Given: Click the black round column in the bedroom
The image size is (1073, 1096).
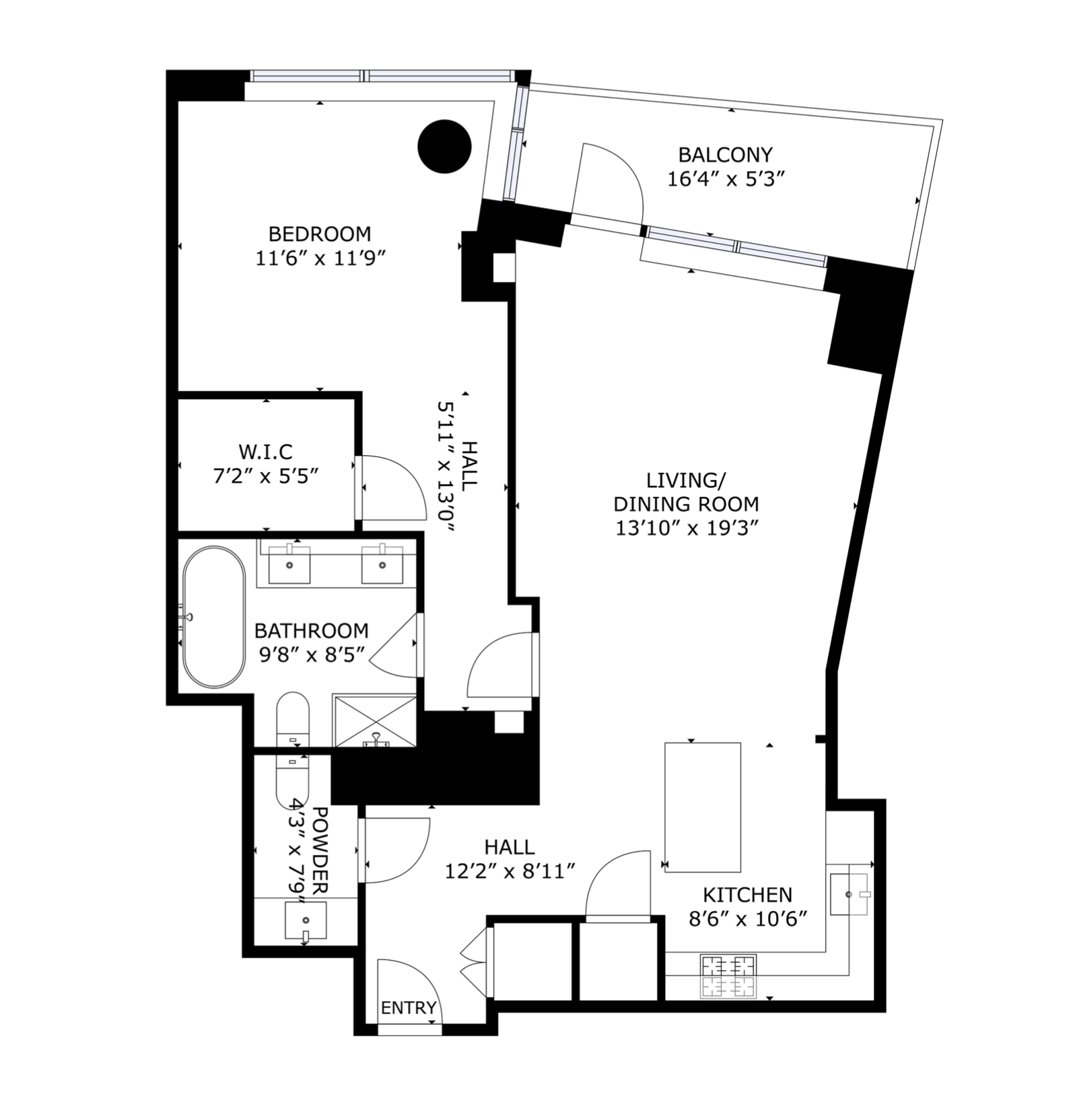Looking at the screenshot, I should coord(444,146).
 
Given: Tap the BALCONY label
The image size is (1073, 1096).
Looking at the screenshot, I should coord(725,155).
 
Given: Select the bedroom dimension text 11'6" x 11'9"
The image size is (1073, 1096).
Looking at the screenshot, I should coord(320,259).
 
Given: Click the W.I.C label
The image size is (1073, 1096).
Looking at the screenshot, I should coord(265,452).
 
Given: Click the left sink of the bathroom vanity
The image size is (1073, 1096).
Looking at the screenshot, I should coord(290,564).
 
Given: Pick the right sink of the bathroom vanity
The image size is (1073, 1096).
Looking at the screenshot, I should coord(382,564).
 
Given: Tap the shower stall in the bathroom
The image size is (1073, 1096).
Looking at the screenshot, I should coord(375,721).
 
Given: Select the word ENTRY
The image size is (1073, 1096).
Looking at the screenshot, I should coord(409,1008).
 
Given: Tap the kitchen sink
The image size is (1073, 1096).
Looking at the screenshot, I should coord(848,893).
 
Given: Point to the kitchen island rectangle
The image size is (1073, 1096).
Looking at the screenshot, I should coord(703,807).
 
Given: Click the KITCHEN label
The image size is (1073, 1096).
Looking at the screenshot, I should coord(747,895).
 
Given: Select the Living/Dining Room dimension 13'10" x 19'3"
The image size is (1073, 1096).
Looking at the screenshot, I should coord(687,528).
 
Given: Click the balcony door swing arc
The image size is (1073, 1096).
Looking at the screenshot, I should coord(613,178).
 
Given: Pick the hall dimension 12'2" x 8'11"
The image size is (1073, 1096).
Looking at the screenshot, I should coord(510,872).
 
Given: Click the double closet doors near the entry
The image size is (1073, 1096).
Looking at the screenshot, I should coord(475,963).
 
